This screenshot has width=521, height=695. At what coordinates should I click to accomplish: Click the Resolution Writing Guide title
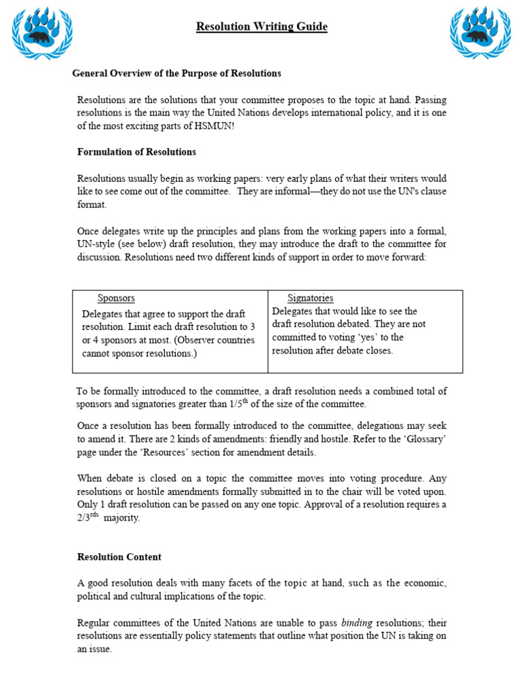click(261, 27)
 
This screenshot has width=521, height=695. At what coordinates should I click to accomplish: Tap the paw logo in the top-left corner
click(41, 32)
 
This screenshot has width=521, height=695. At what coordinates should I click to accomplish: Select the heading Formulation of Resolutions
click(136, 152)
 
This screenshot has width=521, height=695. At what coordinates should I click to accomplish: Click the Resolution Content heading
click(119, 557)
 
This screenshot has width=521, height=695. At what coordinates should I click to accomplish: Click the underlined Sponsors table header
click(116, 298)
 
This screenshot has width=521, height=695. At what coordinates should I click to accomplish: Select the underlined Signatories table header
click(310, 298)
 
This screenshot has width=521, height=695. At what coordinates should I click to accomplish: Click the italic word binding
click(357, 623)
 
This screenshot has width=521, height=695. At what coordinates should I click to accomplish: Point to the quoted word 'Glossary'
click(421, 439)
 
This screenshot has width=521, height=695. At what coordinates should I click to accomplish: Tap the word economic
click(423, 584)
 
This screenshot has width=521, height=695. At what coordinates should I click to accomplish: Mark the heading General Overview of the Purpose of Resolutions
click(176, 73)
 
